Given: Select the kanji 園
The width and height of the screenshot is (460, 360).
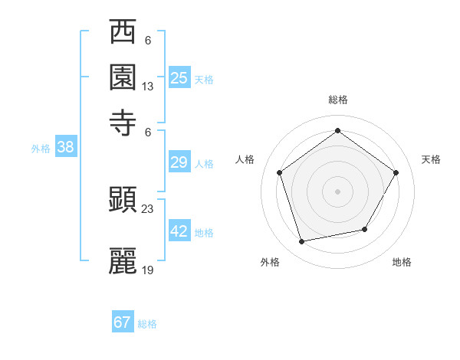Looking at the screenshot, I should click(123, 78).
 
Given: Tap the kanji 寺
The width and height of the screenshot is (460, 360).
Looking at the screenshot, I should click(123, 123).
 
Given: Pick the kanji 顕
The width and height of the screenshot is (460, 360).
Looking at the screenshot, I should click(123, 200).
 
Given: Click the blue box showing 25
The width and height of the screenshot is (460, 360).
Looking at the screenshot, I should click(179, 77).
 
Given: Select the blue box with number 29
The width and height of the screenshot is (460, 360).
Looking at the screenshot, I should click(179, 162).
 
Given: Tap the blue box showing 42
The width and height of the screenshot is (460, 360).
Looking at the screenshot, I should click(179, 231).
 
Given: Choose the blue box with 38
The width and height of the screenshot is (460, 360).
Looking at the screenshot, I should click(65, 148).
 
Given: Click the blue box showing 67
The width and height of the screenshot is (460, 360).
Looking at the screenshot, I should click(123, 322).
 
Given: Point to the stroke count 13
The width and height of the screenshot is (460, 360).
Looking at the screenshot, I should click(148, 87).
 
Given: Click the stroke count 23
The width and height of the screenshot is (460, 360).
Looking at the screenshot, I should click(148, 208).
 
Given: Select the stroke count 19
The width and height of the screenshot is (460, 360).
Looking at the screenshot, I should click(148, 270).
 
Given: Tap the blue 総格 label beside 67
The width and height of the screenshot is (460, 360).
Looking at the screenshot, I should click(147, 324).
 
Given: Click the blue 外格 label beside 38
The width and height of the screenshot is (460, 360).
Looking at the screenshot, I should click(40, 149).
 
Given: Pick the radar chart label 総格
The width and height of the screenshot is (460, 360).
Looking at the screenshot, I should click(337, 100).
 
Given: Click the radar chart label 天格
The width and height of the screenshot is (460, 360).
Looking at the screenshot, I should click(431, 159).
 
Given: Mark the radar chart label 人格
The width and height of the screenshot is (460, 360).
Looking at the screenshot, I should click(245, 159).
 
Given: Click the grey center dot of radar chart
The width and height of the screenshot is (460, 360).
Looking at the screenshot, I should click(337, 191).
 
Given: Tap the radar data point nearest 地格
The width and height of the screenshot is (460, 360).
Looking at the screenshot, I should click(365, 229).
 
